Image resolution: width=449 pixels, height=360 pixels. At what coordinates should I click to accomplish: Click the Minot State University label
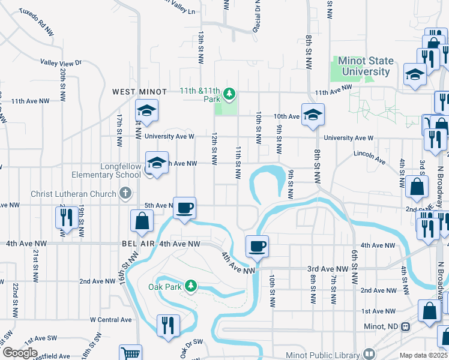click(x=366, y=66)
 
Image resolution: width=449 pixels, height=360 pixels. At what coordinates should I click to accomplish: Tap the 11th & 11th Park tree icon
click(x=229, y=94)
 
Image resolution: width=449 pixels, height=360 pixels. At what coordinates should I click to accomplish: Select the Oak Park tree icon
click(x=191, y=285)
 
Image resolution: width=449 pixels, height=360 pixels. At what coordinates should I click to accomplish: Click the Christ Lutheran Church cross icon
click(x=125, y=193)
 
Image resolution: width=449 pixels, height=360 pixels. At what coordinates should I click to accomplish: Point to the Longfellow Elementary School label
click(x=107, y=175)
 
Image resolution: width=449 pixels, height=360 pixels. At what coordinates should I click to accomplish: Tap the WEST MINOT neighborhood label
click(x=140, y=92)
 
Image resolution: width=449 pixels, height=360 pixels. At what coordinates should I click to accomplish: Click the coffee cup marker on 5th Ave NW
click(x=185, y=208)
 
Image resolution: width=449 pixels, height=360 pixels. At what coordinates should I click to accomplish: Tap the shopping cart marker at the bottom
click(x=130, y=354)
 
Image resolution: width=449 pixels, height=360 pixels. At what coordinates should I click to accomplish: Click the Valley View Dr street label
click(x=61, y=62)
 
